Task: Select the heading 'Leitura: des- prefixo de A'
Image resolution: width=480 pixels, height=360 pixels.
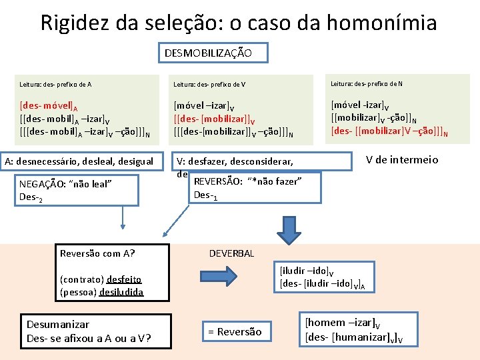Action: point(56,85)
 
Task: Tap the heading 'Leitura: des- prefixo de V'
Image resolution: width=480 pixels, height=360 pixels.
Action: point(209,85)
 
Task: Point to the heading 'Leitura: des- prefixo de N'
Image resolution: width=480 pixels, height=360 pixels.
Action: point(367,83)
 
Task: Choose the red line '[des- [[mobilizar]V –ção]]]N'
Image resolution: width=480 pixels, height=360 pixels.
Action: point(389,130)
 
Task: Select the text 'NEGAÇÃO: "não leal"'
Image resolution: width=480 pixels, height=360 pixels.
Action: point(65,184)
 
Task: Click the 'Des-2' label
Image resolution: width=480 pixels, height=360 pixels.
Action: point(31,197)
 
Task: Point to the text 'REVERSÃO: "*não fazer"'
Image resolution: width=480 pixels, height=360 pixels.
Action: point(247,181)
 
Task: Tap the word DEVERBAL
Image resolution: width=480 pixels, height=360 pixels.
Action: point(231,254)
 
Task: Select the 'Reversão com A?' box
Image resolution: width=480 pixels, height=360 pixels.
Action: point(97,253)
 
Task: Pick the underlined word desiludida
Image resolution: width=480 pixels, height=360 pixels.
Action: point(121,291)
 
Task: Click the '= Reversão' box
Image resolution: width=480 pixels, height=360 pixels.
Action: point(235,331)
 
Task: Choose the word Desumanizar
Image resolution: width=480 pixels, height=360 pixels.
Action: point(57,324)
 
